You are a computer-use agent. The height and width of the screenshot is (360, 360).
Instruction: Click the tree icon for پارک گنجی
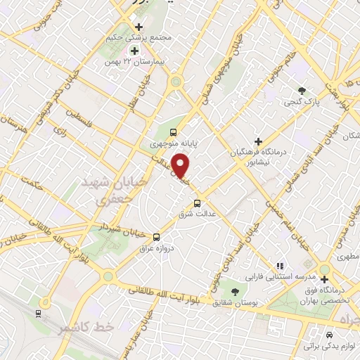[x=302, y=90]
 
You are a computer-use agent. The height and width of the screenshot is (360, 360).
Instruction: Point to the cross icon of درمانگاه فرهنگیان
[x=258, y=141]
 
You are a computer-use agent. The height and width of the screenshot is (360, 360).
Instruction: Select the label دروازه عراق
[x=156, y=248]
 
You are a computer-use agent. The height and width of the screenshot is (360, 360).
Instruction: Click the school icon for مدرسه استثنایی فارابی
[x=280, y=266]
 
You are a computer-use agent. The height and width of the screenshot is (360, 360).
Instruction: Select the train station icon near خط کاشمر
[x=38, y=314]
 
